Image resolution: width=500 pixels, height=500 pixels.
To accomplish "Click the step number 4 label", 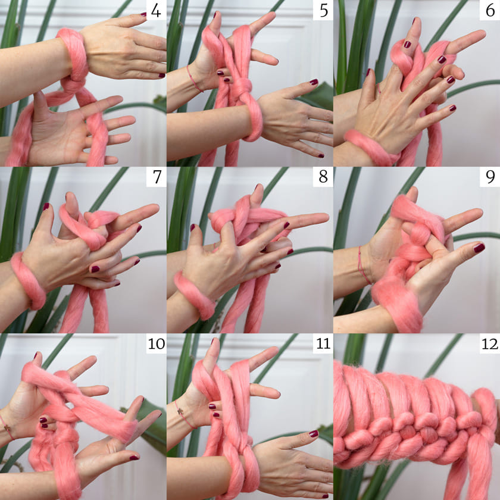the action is click(156, 11).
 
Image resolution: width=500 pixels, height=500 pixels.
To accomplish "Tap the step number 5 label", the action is click(323, 11).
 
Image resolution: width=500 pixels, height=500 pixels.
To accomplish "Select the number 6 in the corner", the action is click(490, 11).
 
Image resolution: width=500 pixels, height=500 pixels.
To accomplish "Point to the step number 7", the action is click(157, 177).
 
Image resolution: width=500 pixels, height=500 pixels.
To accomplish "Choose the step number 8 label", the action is click(323, 177).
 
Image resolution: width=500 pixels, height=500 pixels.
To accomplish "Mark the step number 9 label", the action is click(490, 177).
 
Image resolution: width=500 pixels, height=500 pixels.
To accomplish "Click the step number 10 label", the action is click(156, 344).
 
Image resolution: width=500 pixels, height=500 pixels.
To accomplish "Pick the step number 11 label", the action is click(323, 344).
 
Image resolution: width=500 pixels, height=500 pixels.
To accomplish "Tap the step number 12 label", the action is click(490, 344).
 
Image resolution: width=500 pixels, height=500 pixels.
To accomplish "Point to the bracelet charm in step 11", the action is click(181, 411).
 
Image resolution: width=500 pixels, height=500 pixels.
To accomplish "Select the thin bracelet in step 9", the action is click(363, 265).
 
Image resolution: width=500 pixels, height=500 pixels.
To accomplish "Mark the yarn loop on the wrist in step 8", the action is click(193, 295).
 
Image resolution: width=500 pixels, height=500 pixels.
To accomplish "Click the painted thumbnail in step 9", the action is click(479, 248).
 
